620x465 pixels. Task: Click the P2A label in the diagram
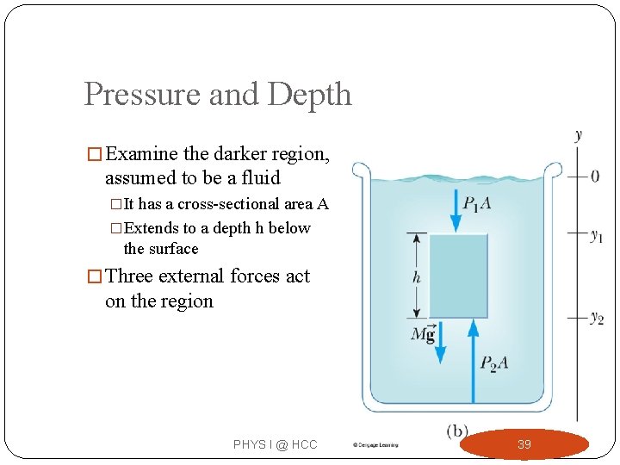493,363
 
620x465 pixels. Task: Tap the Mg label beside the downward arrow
423,334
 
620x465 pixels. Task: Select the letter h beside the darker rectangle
417,277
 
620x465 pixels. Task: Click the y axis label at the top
578,135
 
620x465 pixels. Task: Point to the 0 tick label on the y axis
595,177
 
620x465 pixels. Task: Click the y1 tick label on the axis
596,235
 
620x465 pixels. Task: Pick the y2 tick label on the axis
596,318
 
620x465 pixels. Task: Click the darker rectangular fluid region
458,276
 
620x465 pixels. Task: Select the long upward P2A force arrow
472,362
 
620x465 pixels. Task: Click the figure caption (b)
456,431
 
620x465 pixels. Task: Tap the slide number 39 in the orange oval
524,444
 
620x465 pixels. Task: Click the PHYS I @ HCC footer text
275,444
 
